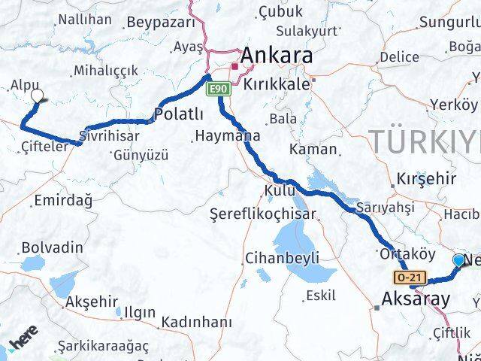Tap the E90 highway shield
coord(217,89)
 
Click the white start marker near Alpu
coord(38,96)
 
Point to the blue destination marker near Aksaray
coord(459,260)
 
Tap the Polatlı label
coord(178,114)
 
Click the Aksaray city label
coord(416,299)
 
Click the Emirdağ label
coord(62,200)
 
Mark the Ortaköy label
coord(408,253)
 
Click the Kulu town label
coord(280,190)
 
